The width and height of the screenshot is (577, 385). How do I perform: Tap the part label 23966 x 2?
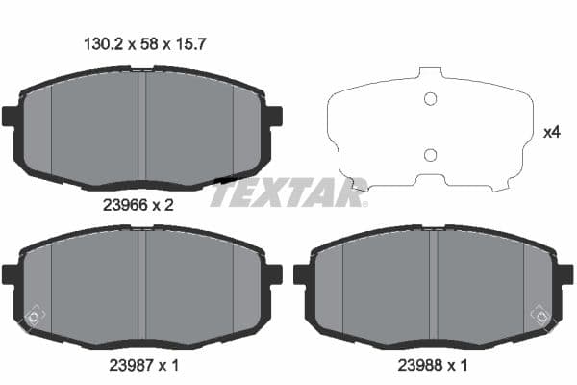pyautogui.click(x=138, y=203)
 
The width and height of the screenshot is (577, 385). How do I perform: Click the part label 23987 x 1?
pyautogui.click(x=138, y=367)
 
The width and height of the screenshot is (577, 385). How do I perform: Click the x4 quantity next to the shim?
pyautogui.click(x=551, y=132)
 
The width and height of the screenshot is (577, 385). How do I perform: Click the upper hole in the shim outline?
pyautogui.click(x=430, y=98)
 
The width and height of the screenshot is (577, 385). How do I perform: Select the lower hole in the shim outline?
pyautogui.click(x=430, y=155)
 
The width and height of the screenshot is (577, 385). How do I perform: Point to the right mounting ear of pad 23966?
pyautogui.click(x=274, y=116)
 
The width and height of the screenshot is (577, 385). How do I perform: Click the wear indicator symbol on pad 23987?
pyautogui.click(x=34, y=314)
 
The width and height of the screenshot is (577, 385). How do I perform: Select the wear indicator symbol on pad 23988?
pyautogui.click(x=539, y=314)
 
